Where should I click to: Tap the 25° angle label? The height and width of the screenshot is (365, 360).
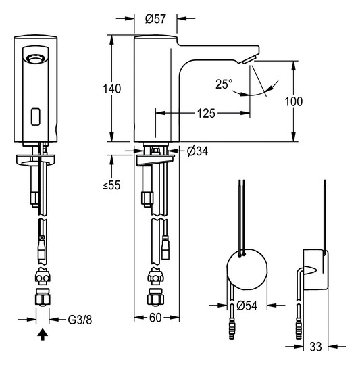click(224, 84)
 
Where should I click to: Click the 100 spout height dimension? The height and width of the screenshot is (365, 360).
click(294, 101)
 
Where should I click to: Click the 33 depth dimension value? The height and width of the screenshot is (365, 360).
click(314, 348)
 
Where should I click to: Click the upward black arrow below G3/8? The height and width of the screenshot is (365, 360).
click(42, 333)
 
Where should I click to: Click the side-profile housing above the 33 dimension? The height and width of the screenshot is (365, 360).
click(315, 269)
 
